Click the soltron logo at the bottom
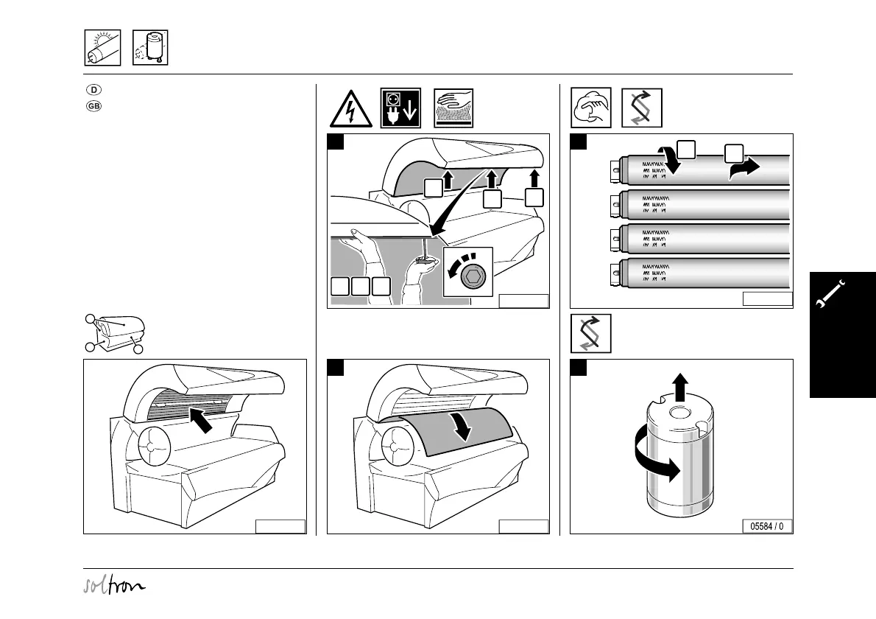point(114,586)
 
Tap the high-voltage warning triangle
point(350,108)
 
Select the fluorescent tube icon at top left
point(102,48)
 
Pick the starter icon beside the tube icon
point(149,48)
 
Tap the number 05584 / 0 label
point(767,526)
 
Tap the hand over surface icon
point(453,108)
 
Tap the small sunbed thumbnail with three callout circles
point(115,334)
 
